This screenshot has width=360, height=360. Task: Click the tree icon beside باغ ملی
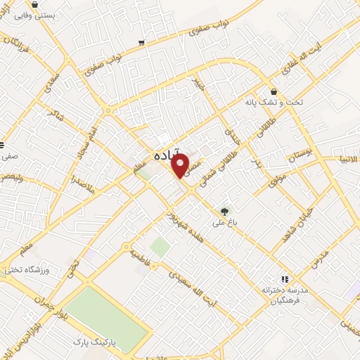[x=225, y=210]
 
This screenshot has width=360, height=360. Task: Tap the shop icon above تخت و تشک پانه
[x=274, y=91]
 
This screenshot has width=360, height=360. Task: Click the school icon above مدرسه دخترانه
[x=285, y=279]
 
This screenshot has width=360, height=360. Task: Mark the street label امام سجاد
[x=88, y=134]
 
